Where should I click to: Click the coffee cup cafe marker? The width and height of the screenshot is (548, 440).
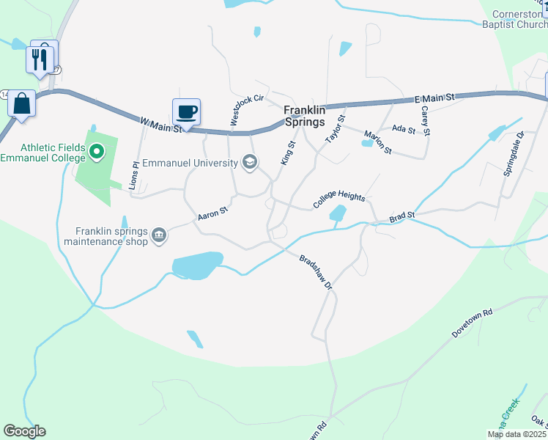[186, 111]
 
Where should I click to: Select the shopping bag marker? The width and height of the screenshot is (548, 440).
[22, 103]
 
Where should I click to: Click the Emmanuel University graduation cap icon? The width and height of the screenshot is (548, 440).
[250, 162]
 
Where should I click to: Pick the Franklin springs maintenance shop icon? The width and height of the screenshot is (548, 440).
[159, 236]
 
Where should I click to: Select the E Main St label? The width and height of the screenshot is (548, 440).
[434, 97]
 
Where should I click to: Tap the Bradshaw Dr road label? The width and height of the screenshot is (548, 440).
[316, 272]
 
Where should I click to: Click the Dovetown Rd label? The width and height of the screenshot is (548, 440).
[473, 322]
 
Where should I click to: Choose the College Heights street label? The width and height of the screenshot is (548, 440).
[339, 198]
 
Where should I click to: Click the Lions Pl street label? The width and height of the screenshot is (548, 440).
[133, 176]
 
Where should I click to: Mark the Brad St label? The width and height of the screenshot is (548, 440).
[402, 217]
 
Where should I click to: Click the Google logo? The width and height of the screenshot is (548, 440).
[24, 431]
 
